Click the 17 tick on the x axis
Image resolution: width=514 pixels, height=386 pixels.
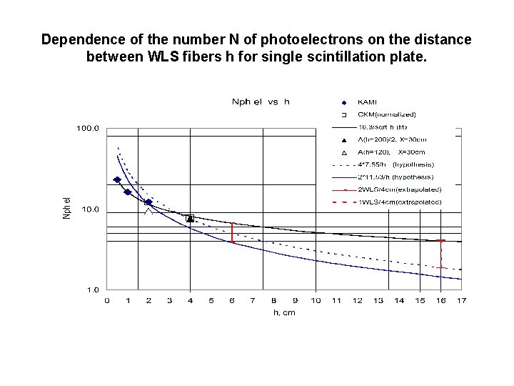pos(461,300)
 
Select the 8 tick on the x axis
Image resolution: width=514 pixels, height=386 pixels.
pos(273,300)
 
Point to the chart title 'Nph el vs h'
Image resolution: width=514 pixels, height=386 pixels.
pos(261,102)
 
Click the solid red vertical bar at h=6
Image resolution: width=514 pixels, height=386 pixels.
pos(232,233)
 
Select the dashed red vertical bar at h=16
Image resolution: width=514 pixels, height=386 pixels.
pos(441,254)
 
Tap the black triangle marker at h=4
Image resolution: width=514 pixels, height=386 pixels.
pos(190,218)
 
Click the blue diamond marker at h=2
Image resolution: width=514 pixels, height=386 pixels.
pos(148,202)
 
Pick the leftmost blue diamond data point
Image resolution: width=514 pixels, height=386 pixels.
pos(117,179)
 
